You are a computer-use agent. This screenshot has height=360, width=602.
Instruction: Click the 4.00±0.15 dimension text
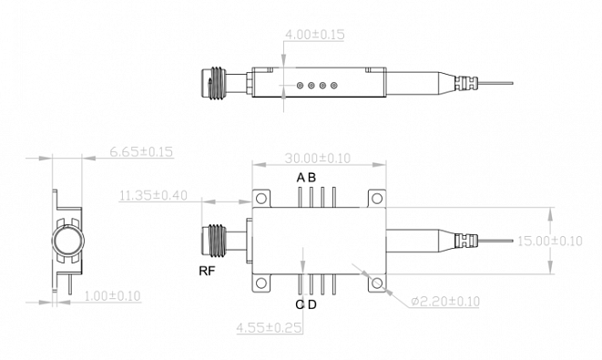pos(314,35)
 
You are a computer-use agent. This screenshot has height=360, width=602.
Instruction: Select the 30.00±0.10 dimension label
pos(318,159)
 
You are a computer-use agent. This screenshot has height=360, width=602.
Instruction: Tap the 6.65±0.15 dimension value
pos(141,152)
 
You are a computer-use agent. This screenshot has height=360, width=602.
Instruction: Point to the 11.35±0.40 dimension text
pos(153,196)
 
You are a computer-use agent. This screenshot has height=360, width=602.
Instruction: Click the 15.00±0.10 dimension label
pos(550,242)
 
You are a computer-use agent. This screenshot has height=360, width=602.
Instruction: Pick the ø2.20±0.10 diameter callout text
pos(445,302)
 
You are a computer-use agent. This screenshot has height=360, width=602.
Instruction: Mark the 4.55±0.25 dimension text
pos(270,328)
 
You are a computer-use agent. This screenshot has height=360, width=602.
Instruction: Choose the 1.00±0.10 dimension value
pos(112,296)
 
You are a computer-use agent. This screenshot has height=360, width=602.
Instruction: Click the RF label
pos(207,271)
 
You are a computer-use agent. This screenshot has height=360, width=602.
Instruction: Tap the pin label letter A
pos(301,178)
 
